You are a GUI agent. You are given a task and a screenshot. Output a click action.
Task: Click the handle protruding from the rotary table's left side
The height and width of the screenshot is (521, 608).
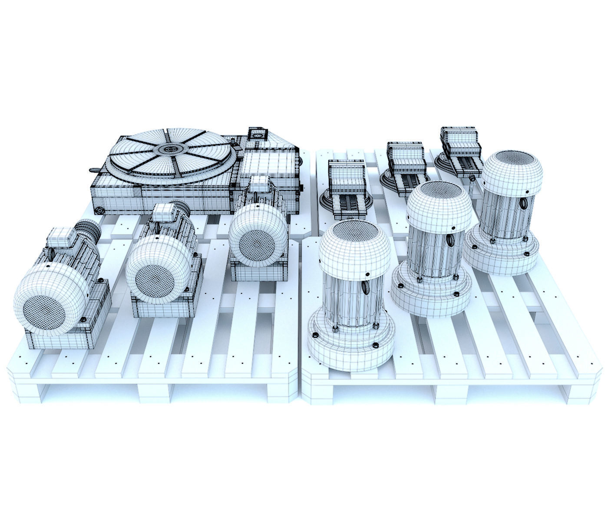(x=94, y=171)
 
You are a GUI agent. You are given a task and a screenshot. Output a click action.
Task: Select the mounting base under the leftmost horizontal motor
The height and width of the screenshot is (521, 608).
(x=61, y=339)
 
